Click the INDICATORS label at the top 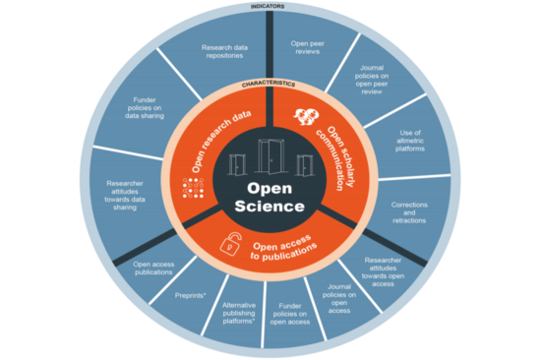268,5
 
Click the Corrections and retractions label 409,212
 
